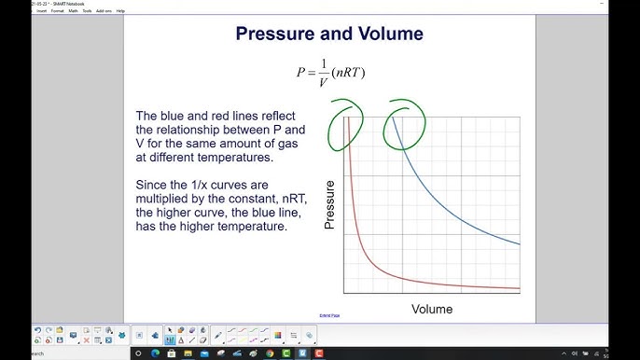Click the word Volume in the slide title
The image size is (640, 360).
pos(386,35)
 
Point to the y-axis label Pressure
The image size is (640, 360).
pos(329,205)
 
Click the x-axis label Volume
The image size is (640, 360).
pos(431,309)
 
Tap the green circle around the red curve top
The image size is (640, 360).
pos(344,123)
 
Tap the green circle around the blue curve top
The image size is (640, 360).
pos(406,123)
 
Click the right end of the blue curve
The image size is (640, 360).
pos(519,244)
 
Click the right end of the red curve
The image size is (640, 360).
pos(519,288)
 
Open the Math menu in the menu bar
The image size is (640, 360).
pos(73,10)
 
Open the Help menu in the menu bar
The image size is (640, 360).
pos(120,10)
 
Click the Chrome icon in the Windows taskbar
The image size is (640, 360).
pos(270,353)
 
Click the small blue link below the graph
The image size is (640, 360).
pos(329,316)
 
